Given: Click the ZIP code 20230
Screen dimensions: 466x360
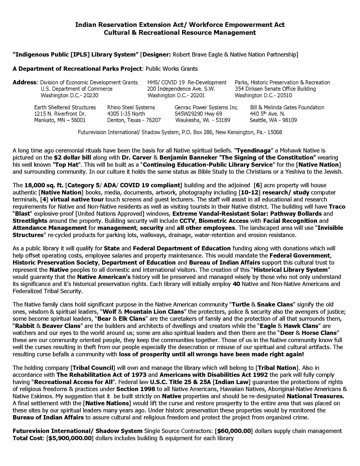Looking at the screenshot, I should coord(90,95).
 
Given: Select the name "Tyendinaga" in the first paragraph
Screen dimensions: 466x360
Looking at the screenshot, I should coord(248,150).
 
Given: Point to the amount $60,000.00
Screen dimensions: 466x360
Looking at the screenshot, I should coord(234,431).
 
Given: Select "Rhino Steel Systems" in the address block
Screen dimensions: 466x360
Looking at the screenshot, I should coord(131,107).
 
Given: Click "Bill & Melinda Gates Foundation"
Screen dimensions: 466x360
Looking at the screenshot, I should coord(287,107).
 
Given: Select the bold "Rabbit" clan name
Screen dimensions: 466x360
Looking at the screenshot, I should coord(24,325).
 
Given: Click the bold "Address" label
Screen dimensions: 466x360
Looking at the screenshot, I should coord(24,83).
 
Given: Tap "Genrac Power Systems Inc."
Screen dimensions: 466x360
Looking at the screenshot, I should coord(206,107).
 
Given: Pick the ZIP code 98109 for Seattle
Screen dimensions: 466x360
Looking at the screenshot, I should coord(289,120).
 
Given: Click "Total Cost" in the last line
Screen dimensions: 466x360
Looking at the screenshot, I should coord(26,438).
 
